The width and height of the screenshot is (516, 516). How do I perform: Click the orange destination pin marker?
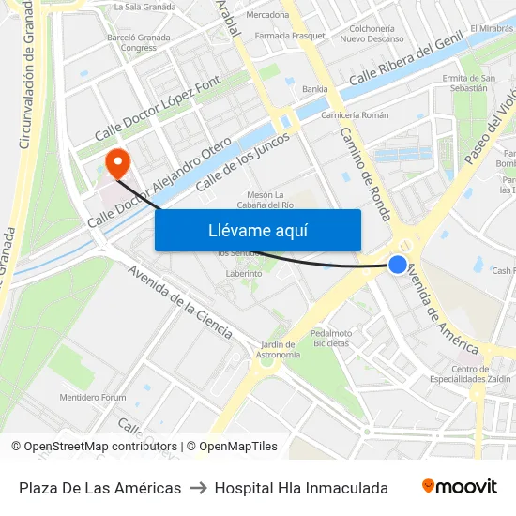118,164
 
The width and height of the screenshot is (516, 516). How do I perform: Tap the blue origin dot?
398,265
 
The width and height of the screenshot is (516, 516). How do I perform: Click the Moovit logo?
460,487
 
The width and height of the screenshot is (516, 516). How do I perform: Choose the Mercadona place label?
267,15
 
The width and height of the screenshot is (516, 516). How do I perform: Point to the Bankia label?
314,90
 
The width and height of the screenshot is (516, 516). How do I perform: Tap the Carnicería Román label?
355,114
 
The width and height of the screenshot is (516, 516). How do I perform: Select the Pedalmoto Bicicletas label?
330,338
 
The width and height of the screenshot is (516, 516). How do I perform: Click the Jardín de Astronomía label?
279,350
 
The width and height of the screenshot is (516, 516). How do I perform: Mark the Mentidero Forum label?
93,398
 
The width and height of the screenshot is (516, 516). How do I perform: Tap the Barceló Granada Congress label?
139,42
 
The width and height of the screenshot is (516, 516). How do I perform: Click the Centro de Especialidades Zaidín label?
480,374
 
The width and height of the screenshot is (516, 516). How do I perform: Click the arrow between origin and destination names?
197,488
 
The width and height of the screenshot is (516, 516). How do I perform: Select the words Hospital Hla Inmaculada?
301,488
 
